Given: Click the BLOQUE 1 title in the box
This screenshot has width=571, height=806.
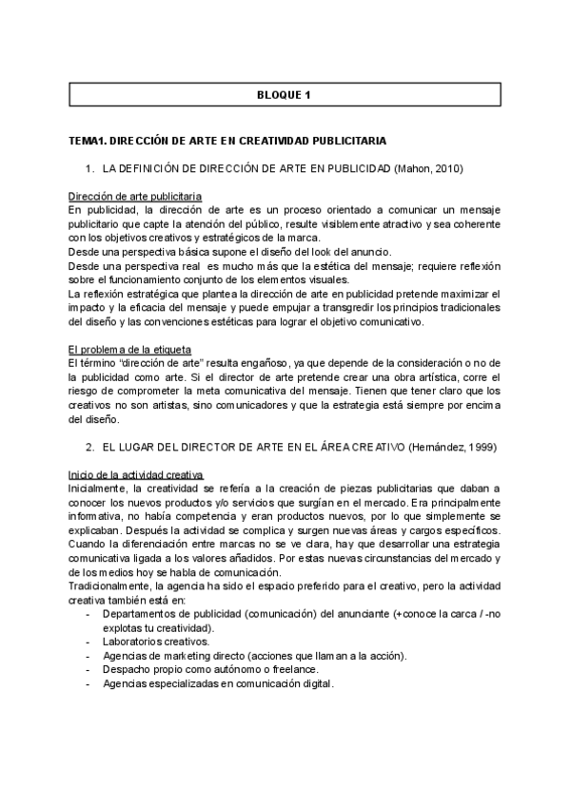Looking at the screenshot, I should pos(285,95).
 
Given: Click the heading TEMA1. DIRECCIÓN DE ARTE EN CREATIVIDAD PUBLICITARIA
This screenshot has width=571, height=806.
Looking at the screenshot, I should pos(227,141).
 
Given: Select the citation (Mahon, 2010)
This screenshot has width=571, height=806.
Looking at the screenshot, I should pos(428,168).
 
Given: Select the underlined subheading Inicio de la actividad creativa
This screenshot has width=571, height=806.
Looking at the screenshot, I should pos(134,474).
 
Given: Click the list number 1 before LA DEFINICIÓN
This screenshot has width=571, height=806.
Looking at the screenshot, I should pos(89,168).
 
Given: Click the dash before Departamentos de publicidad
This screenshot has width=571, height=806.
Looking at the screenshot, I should pos(89,614).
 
